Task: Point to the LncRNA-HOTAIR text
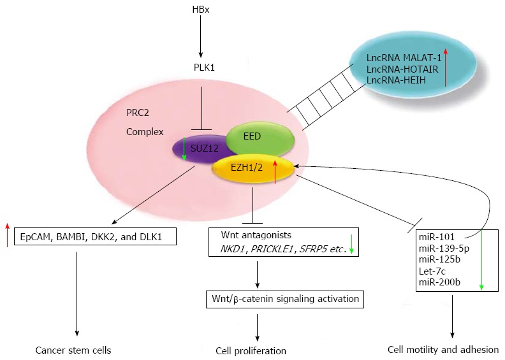coord(401,69)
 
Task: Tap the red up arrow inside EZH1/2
coord(275,171)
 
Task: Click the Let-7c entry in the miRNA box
coord(432,270)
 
